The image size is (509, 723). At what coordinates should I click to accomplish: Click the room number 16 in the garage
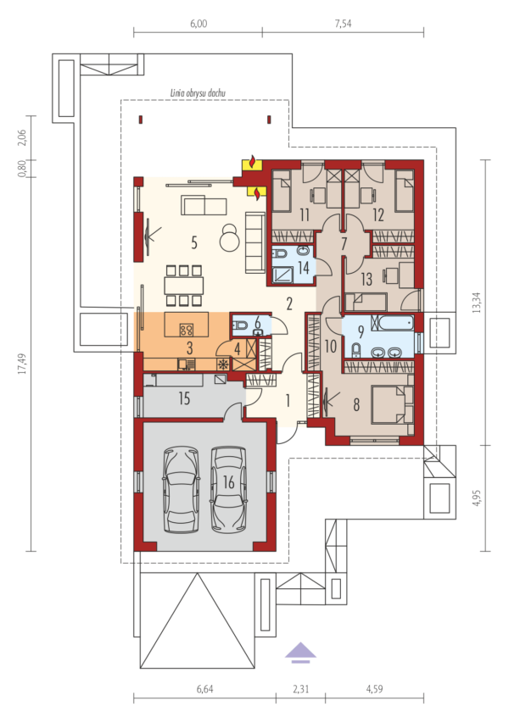click(x=228, y=482)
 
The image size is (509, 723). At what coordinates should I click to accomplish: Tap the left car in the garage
click(x=182, y=490)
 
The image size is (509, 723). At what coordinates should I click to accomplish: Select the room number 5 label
click(x=194, y=242)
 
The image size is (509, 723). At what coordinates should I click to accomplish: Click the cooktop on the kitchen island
click(x=187, y=330)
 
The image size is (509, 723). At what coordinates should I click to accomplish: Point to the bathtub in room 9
click(x=395, y=322)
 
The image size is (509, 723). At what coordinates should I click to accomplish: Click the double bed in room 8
click(x=393, y=405)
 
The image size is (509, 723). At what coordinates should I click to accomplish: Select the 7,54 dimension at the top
click(x=343, y=23)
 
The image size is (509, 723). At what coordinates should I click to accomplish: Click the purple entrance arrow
click(x=300, y=653)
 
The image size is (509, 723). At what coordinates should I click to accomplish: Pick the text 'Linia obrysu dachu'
click(x=198, y=92)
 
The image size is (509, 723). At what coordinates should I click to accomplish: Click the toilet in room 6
click(x=240, y=326)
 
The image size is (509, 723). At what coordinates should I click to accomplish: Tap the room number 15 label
click(x=184, y=398)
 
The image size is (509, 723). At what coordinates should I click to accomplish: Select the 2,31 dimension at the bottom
click(x=300, y=689)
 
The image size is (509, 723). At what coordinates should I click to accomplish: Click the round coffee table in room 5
click(x=229, y=238)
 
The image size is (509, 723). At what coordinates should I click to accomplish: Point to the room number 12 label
click(x=378, y=215)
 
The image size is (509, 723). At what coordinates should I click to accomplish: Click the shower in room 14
click(x=282, y=275)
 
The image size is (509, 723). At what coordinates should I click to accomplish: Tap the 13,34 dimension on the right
click(x=477, y=303)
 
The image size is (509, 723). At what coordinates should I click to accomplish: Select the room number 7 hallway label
click(x=344, y=243)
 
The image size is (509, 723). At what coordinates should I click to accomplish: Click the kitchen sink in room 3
click(x=187, y=364)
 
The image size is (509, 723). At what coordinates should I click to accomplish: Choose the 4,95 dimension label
click(x=477, y=498)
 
